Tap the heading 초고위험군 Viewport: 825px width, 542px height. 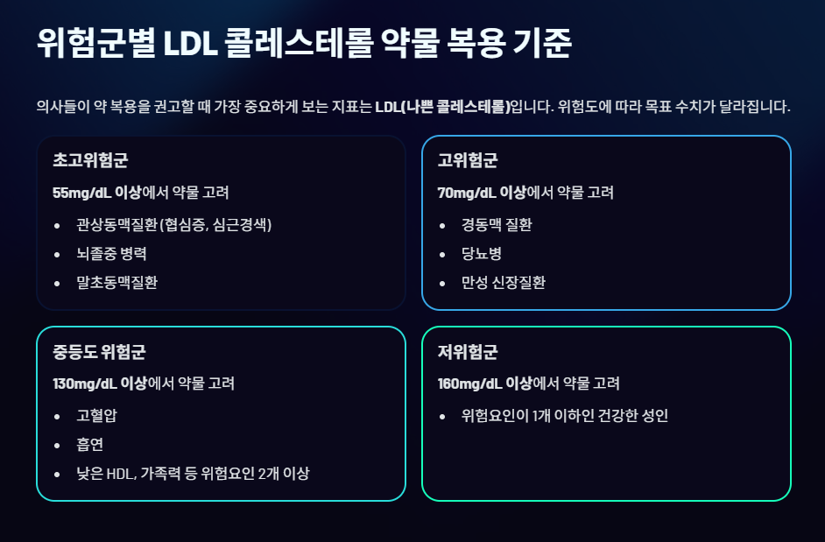point(90,161)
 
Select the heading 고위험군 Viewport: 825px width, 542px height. point(468,161)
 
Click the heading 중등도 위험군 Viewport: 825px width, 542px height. point(99,352)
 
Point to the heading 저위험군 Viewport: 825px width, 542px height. point(468,352)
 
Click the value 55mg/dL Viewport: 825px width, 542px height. point(81,193)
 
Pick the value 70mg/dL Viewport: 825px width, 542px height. point(467,193)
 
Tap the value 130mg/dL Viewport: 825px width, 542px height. point(84,384)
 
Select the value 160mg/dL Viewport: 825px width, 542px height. point(470,384)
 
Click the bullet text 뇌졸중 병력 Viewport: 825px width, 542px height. point(111,254)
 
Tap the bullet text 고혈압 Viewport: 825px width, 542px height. point(96,416)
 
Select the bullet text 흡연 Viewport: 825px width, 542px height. point(90,445)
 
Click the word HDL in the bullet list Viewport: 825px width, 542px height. point(116,474)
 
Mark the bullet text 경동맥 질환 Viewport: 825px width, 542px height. point(497,225)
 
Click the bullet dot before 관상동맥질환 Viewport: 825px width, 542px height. point(58,226)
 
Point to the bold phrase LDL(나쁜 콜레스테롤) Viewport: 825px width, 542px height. point(441,108)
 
